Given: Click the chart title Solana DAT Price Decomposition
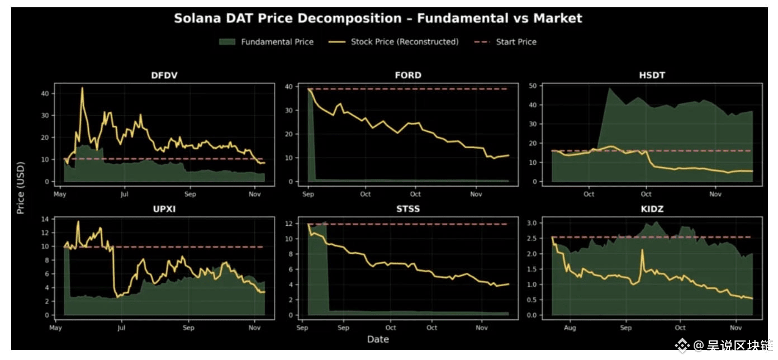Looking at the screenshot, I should coord(378,18).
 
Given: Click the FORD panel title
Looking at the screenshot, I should coord(408,75).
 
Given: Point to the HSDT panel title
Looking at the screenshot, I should coord(652,75).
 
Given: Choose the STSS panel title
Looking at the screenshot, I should coord(408,210).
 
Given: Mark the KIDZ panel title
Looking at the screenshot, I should coord(652,210).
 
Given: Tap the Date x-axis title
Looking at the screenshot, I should coord(378,339).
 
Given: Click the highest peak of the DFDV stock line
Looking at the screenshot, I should coord(82,88).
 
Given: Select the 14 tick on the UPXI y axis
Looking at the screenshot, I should coord(46,219).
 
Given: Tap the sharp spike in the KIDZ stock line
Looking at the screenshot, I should coord(642,250).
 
